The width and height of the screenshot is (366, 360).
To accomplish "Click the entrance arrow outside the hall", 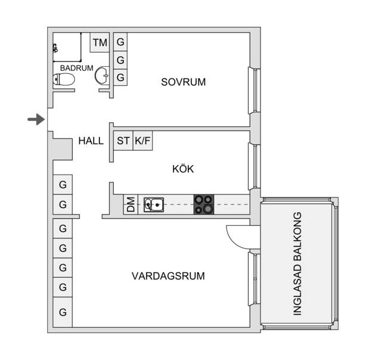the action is tap(36, 119).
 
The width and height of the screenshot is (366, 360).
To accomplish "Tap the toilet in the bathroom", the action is tap(64, 79).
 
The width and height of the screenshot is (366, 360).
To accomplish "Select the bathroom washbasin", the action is tap(102, 75).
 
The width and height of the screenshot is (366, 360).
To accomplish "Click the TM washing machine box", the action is tap(100, 42).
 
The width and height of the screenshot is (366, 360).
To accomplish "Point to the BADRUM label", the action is tap(76, 68).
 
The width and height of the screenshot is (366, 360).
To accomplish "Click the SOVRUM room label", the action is tap(183, 82).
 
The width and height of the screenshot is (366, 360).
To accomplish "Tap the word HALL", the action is tap(91, 141).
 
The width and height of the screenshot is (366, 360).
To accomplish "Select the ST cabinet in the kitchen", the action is tap(123, 141).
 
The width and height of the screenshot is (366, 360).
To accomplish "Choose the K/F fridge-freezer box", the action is tap(142, 141).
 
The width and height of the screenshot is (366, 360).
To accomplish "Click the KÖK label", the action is tap(183, 169).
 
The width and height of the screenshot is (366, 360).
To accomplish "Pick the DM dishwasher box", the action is tap(131, 204).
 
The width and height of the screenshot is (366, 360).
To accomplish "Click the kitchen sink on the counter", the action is tap(154, 205).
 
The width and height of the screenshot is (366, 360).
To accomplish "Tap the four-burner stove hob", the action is tap(204, 204).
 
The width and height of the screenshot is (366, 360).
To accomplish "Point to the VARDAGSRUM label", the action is tap(168, 276).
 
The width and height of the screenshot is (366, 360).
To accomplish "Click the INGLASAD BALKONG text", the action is tap(297, 263).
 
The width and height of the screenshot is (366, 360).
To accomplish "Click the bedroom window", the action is tap(254, 91).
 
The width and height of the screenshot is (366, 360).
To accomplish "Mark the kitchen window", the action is tap(254, 166).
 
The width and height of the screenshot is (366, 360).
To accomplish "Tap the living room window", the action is tap(254, 279).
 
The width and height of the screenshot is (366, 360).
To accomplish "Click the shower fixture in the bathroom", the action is tap(55, 48).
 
